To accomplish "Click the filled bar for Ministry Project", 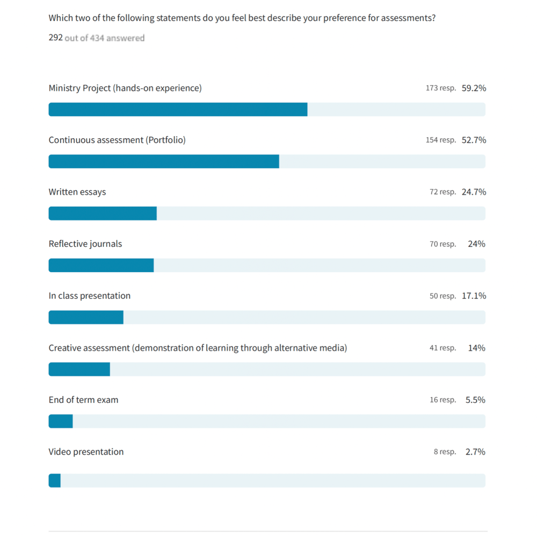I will click(x=178, y=110).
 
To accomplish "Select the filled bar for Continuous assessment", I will click(x=164, y=161).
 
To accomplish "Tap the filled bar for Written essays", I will click(x=103, y=213).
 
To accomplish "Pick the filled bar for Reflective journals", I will click(x=101, y=266).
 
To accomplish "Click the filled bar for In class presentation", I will click(x=86, y=317).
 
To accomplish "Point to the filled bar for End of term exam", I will click(x=61, y=422).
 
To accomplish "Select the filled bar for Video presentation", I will click(x=54, y=481).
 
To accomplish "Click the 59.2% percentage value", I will click(x=474, y=88).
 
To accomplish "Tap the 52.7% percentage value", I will click(x=474, y=140).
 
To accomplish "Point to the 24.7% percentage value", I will click(x=474, y=192).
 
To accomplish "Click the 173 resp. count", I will click(x=440, y=88).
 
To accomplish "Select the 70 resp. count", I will click(x=442, y=244).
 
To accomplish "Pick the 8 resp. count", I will click(x=445, y=452).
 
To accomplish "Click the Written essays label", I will click(x=77, y=192).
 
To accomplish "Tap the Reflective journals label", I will click(x=85, y=244).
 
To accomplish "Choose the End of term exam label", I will click(x=83, y=400).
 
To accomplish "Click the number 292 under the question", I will click(x=56, y=38).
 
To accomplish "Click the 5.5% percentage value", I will click(x=475, y=400).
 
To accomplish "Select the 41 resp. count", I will click(x=442, y=348).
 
